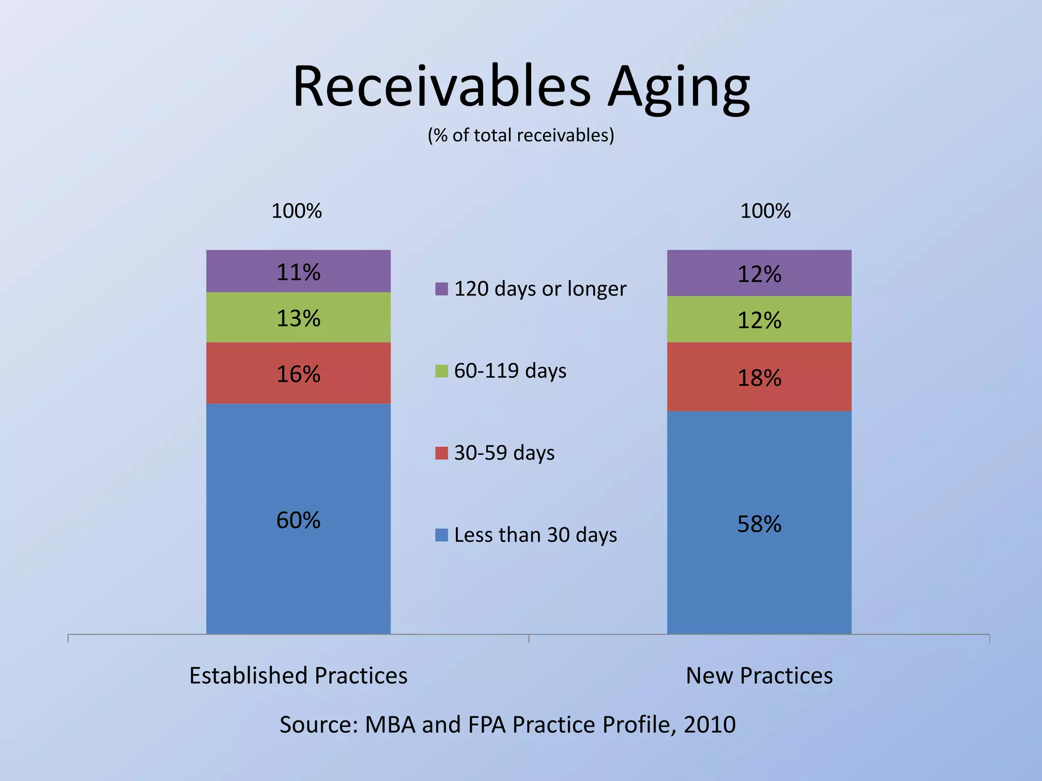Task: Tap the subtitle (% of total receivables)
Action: [x=521, y=135]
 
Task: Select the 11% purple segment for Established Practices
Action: [x=298, y=272]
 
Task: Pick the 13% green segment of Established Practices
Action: [x=298, y=318]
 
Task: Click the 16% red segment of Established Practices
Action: [x=298, y=374]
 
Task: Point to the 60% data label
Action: [x=298, y=520]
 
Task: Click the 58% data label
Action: [x=759, y=524]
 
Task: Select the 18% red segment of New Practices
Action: [x=759, y=377]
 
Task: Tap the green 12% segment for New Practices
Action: [x=759, y=320]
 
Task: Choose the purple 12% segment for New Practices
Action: [x=759, y=274]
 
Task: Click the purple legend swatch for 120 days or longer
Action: [x=442, y=289]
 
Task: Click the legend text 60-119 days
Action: [x=510, y=371]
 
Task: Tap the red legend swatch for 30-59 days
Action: [x=442, y=453]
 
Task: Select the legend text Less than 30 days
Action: [x=535, y=535]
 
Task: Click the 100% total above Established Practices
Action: [x=297, y=211]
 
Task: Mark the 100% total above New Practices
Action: [x=765, y=211]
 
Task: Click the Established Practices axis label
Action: [x=298, y=676]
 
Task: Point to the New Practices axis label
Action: [x=759, y=676]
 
